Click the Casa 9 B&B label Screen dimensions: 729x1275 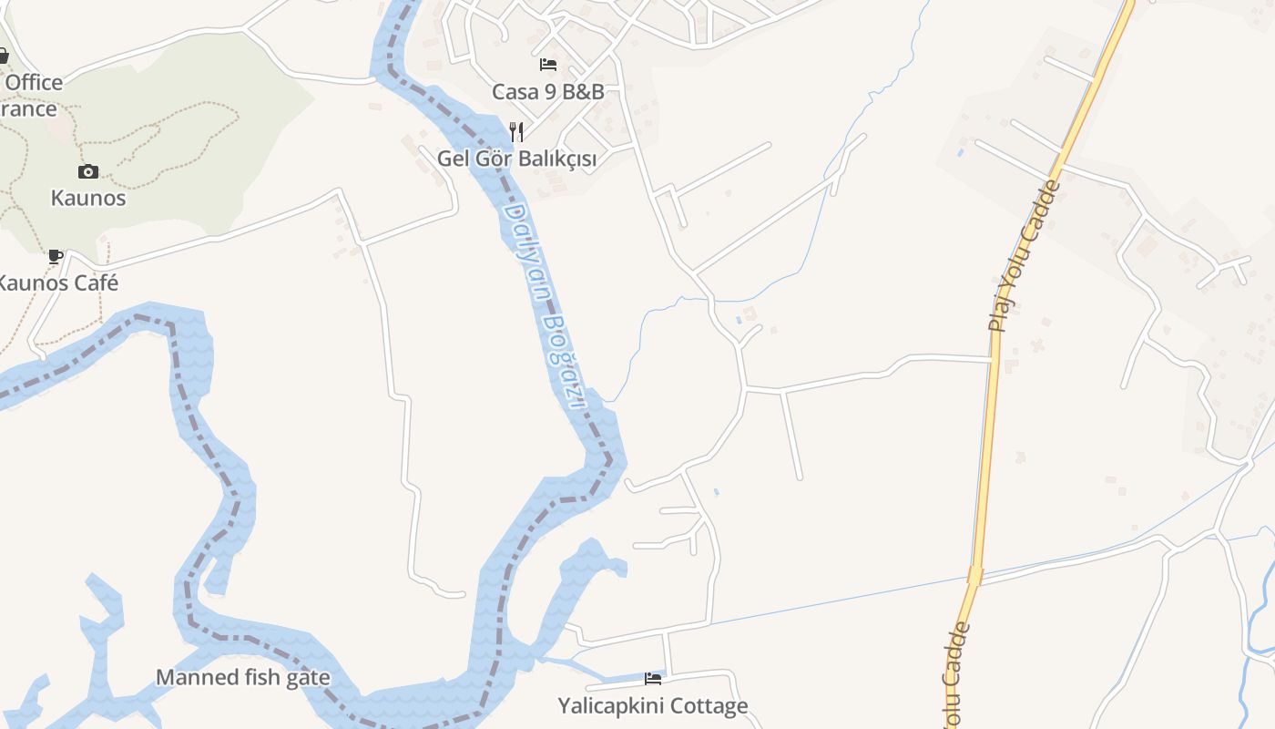coord(548,91)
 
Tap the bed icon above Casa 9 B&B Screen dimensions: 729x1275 coord(548,64)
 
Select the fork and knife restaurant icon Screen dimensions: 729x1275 coord(516,131)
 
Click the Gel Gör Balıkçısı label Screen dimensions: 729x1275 coord(516,159)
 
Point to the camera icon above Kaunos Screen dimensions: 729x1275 coord(88,171)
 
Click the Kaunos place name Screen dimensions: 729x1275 coord(88,198)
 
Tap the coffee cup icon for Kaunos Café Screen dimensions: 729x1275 coord(56,256)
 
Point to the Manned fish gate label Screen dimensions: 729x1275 coord(242,677)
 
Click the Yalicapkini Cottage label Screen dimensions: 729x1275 coord(652,705)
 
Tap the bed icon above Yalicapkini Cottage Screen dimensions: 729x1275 coord(652,678)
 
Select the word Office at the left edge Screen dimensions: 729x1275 coord(34,82)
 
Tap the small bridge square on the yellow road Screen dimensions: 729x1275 coord(975,576)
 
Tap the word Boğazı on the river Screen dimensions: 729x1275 coord(562,359)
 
